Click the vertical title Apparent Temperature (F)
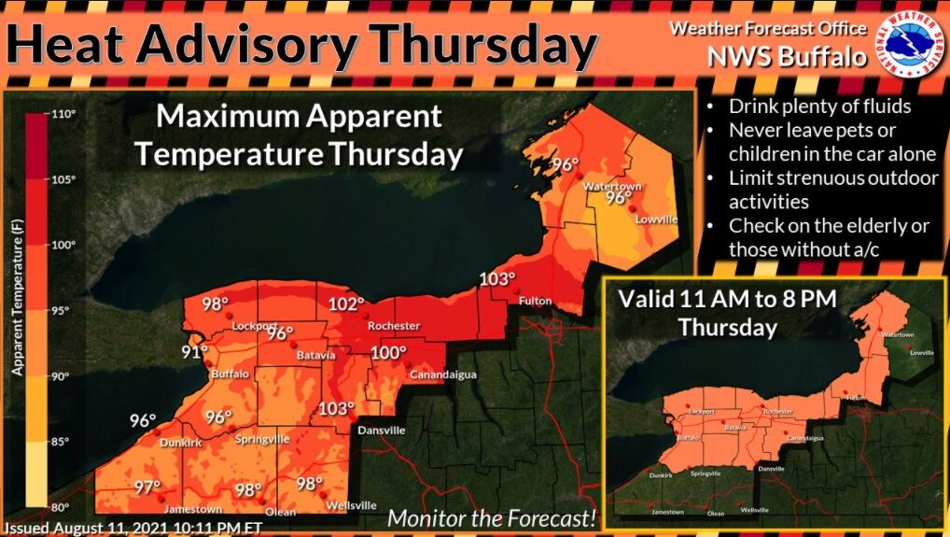point(16,298)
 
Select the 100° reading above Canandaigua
point(389,353)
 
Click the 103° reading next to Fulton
point(496,279)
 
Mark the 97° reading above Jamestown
point(147,487)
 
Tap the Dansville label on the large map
point(383,431)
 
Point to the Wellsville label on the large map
point(352,505)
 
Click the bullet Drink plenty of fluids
point(819,106)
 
